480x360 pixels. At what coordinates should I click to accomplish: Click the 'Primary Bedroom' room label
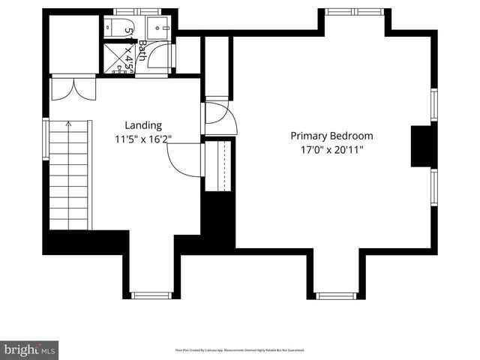(331, 136)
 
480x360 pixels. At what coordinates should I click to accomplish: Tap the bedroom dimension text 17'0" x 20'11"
(331, 149)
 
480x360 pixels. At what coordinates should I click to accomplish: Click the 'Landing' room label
(142, 125)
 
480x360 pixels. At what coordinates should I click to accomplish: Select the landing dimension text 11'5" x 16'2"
(142, 138)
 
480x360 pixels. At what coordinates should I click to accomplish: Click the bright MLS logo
(30, 349)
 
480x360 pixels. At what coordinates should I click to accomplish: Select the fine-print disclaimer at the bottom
(240, 350)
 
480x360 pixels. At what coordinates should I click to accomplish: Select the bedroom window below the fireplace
(433, 187)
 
